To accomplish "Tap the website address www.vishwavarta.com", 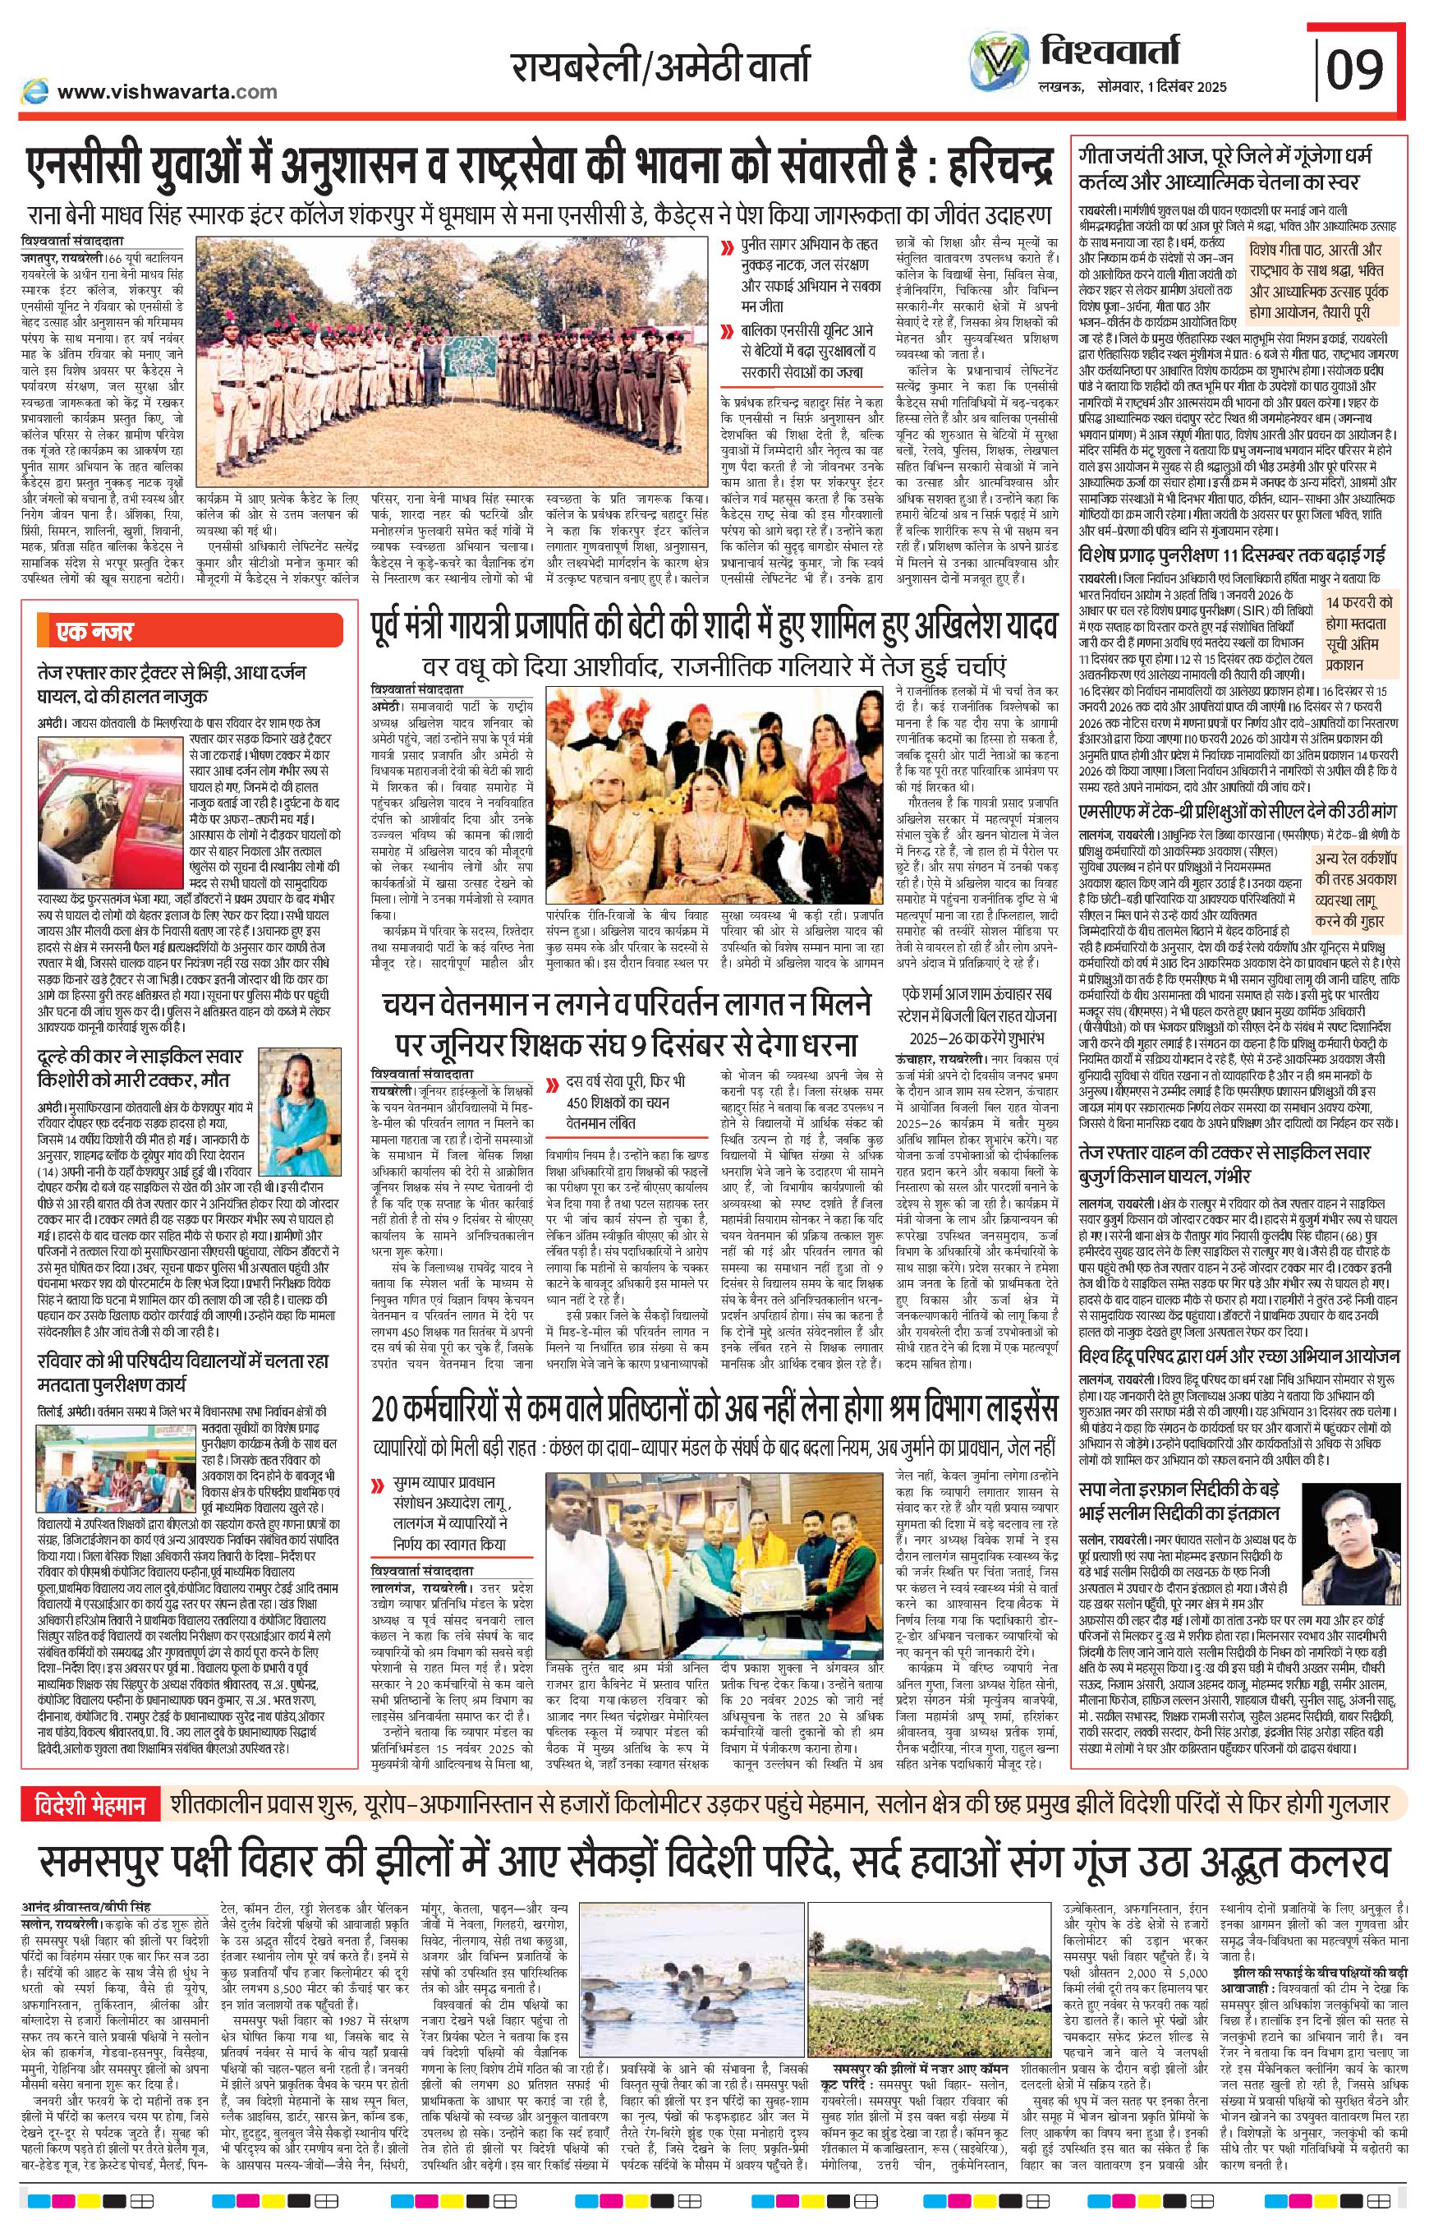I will [167, 91].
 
